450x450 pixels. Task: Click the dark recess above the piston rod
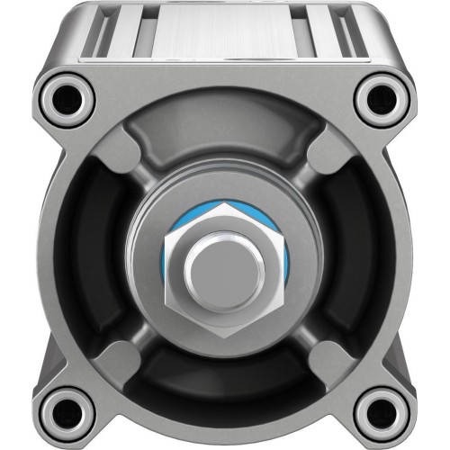[225, 144]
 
